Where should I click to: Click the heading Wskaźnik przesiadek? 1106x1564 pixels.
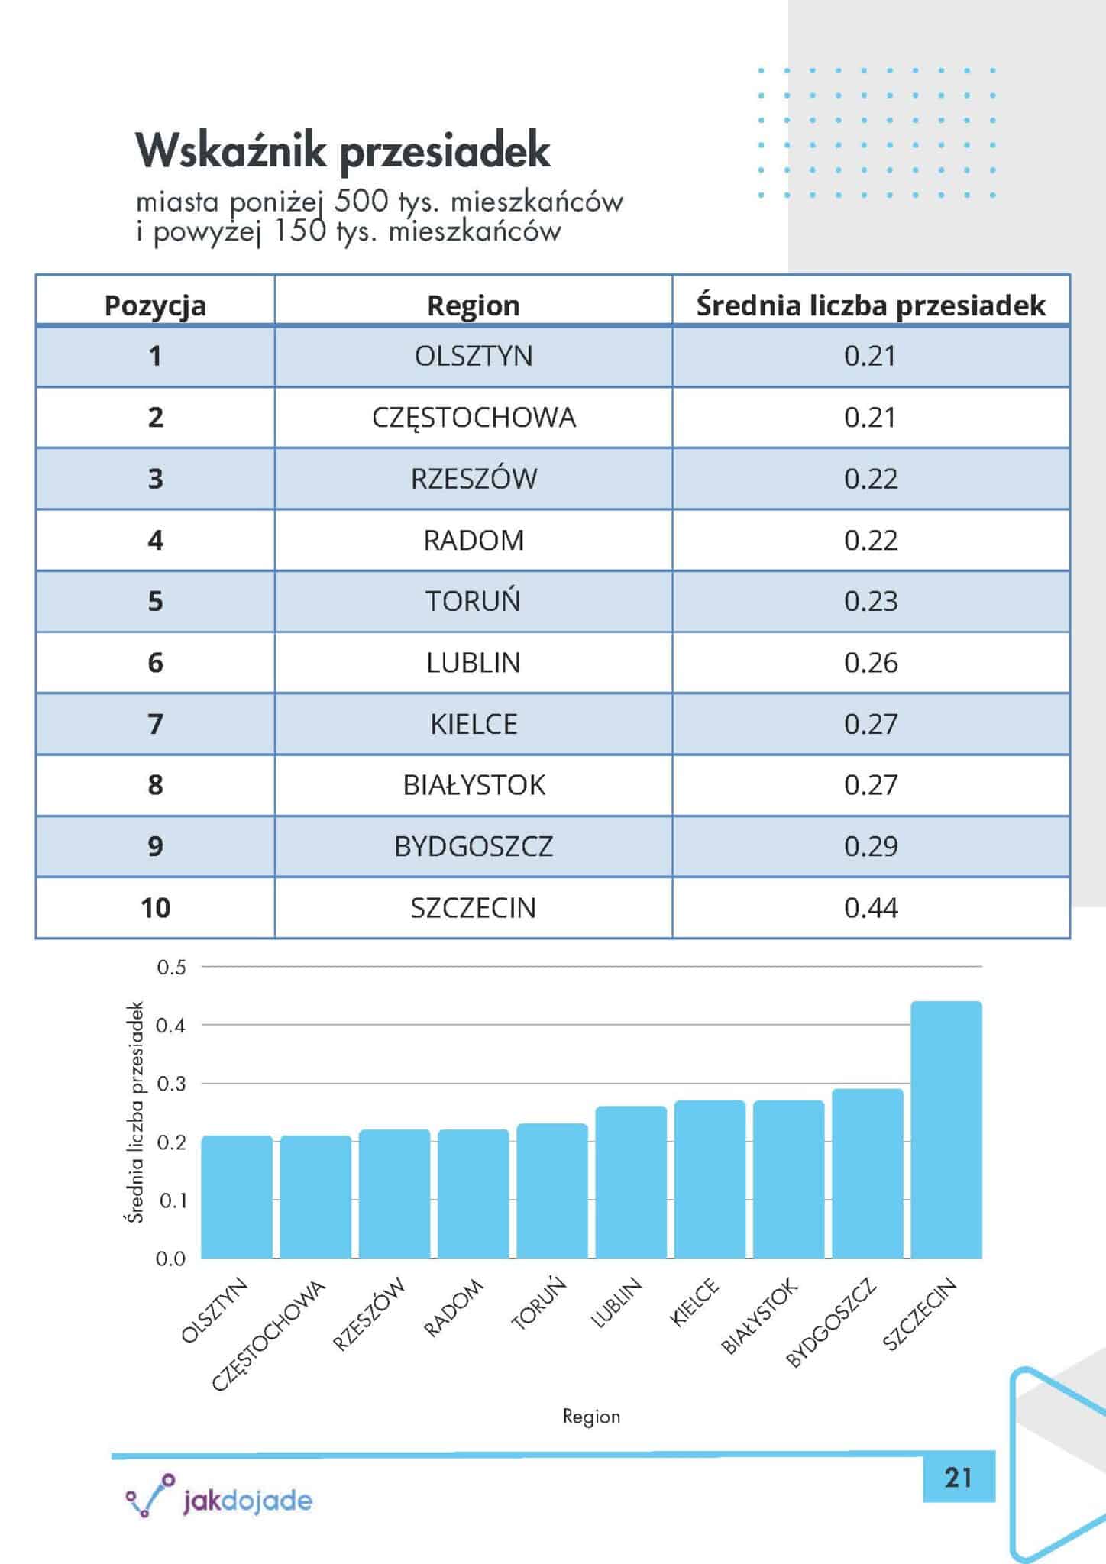coord(343,150)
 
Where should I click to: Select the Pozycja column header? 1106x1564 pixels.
coord(155,305)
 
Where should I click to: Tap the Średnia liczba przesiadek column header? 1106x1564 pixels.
coord(871,305)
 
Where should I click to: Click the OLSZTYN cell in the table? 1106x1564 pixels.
coord(474,357)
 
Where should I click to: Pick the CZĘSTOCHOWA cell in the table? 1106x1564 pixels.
coord(474,418)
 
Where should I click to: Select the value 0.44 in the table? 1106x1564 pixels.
coord(871,908)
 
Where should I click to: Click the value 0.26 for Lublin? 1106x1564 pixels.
coord(871,663)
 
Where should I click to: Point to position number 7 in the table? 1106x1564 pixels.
coord(155,724)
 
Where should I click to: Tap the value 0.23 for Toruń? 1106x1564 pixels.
coord(871,602)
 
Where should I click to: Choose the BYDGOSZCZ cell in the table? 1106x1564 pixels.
coord(474,847)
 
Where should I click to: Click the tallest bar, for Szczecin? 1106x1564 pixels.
coord(946,1130)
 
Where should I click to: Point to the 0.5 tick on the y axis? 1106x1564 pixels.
coord(171,968)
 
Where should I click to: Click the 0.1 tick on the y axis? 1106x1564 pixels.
coord(171,1201)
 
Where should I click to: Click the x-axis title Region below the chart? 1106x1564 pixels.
coord(591,1417)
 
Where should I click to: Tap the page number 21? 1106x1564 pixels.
coord(958,1478)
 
